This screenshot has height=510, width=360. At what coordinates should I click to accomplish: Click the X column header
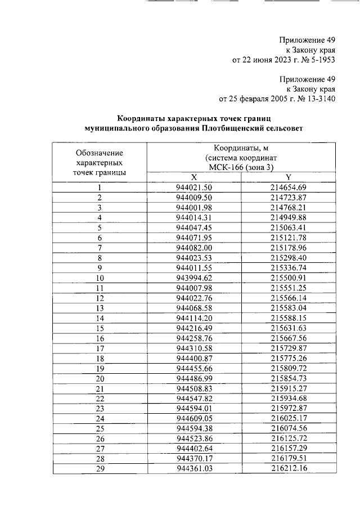pyautogui.click(x=193, y=176)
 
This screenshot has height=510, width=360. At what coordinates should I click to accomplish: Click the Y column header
pyautogui.click(x=288, y=176)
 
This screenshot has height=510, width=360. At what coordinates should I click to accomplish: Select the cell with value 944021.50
pyautogui.click(x=193, y=187)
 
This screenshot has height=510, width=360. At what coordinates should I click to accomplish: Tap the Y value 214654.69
pyautogui.click(x=288, y=187)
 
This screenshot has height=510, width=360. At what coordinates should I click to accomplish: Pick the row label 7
pyautogui.click(x=100, y=248)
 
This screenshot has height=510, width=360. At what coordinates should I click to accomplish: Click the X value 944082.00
pyautogui.click(x=193, y=248)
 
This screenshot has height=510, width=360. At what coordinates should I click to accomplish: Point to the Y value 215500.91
pyautogui.click(x=288, y=278)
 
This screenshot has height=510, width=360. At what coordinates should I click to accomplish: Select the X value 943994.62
pyautogui.click(x=193, y=278)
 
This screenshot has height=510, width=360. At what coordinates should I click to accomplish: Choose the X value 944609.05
pyautogui.click(x=193, y=419)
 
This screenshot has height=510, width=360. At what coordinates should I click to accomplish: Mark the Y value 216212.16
pyautogui.click(x=288, y=469)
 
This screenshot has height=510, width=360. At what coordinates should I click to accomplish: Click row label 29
pyautogui.click(x=100, y=469)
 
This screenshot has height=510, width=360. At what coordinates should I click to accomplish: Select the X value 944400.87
pyautogui.click(x=193, y=359)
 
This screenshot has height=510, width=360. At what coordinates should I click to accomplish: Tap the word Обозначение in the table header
pyautogui.click(x=100, y=153)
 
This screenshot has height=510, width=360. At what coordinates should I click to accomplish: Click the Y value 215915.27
pyautogui.click(x=288, y=388)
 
